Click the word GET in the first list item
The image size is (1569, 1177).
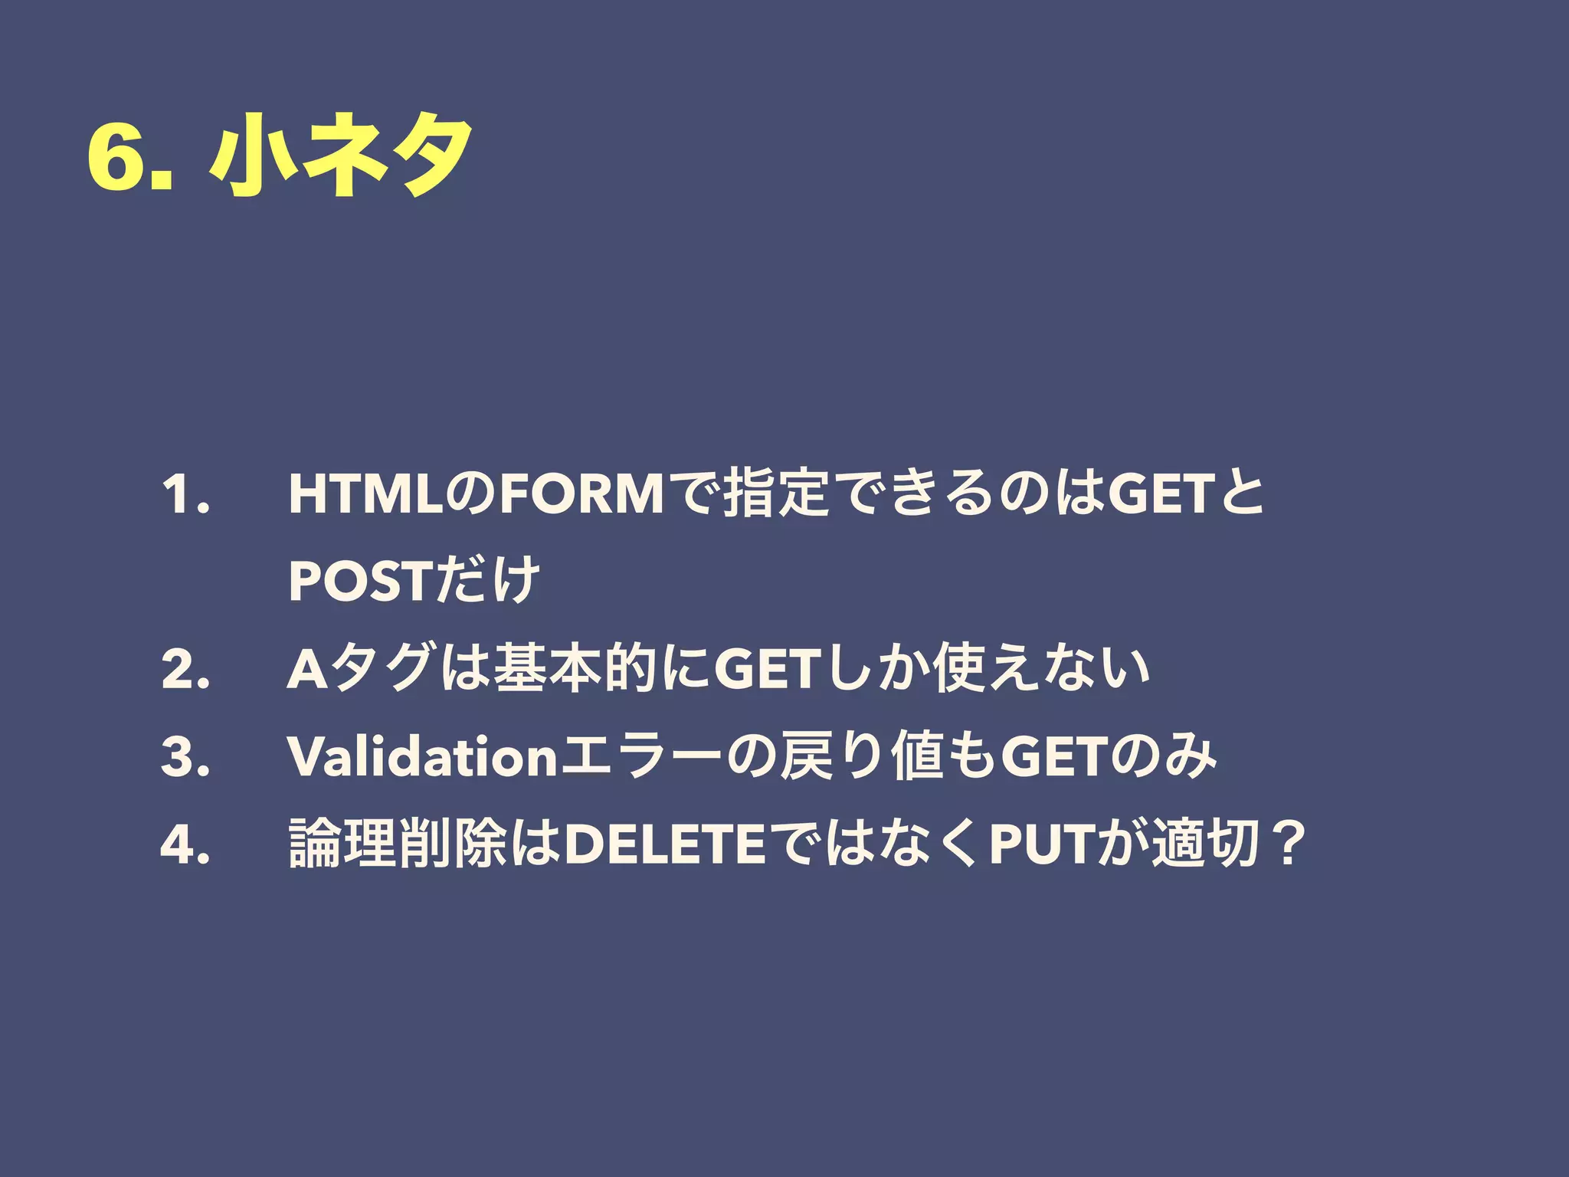(1161, 495)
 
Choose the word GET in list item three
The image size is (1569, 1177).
(1054, 756)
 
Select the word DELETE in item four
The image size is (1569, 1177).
(664, 844)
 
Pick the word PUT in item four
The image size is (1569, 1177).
(1041, 844)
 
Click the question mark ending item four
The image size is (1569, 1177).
(1286, 844)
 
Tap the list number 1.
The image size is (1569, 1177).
(185, 495)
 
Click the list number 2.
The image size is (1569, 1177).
(185, 669)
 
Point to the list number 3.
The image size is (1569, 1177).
(185, 756)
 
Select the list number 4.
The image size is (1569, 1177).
(185, 844)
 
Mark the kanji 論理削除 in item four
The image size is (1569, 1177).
(397, 844)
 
